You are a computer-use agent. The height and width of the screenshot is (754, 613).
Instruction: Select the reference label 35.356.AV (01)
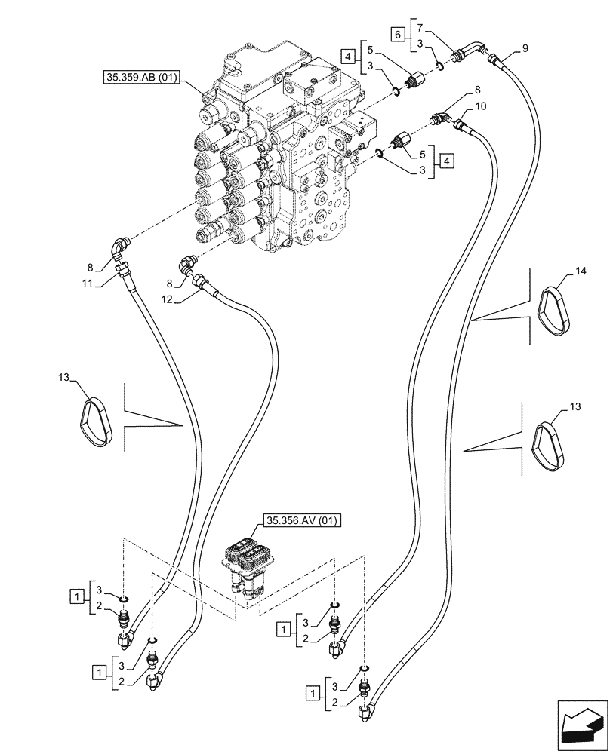coord(302,520)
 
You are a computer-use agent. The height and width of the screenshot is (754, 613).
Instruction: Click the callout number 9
coord(525,49)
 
